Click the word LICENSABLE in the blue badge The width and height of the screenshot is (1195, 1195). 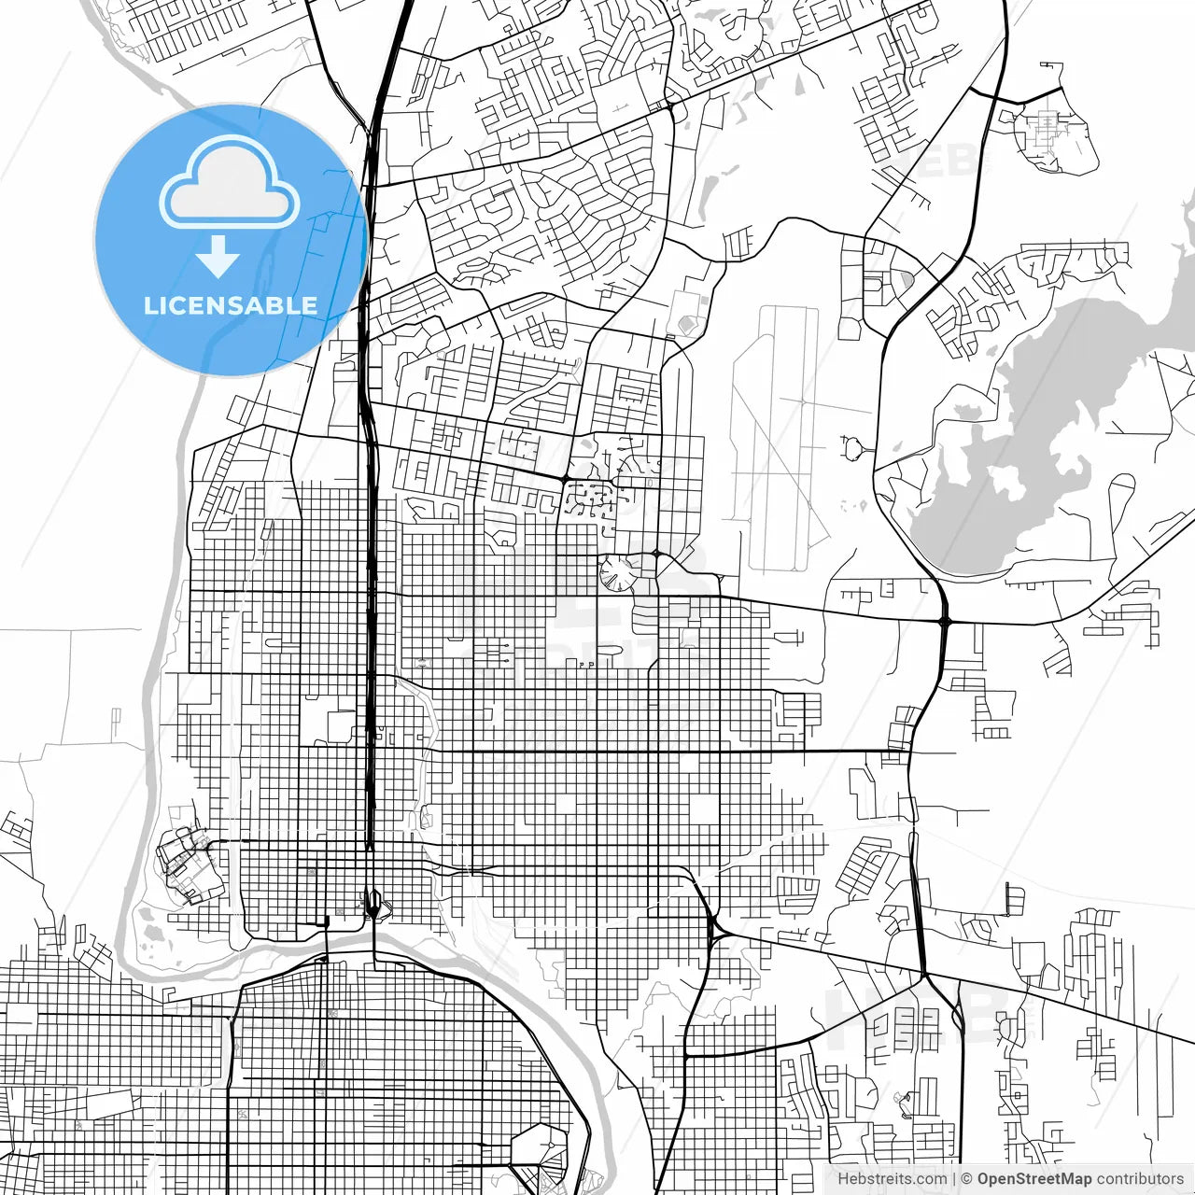230,305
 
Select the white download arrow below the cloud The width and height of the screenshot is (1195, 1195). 218,256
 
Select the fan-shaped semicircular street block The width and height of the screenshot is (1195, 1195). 617,572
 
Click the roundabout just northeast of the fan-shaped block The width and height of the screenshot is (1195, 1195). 656,554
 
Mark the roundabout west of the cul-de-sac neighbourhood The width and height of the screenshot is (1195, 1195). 565,479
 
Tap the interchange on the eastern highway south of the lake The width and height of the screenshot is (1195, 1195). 944,620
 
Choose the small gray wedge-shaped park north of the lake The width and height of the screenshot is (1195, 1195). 907,277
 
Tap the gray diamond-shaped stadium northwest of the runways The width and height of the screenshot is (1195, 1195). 688,324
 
